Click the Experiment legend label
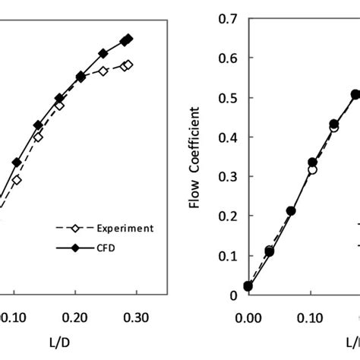tap(125, 228)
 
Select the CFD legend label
tap(110, 247)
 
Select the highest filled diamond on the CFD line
tap(128, 39)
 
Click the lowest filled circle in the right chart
tap(248, 286)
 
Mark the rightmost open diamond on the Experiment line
tap(128, 65)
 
